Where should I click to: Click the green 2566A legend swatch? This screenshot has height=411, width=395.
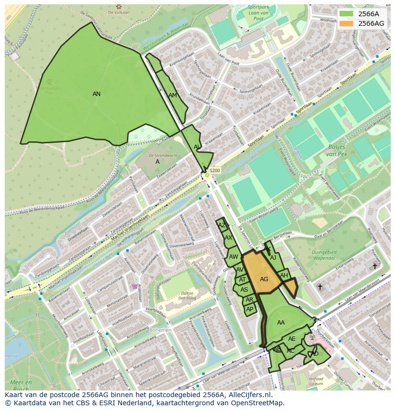[347, 13]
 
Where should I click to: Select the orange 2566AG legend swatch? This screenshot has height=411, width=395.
[347, 23]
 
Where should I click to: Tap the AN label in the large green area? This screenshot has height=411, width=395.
[96, 94]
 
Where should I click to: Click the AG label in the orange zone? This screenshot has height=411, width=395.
[264, 279]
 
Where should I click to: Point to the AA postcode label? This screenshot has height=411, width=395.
[281, 323]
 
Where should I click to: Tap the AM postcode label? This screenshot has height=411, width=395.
[173, 95]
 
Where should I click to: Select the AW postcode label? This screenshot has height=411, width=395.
[233, 257]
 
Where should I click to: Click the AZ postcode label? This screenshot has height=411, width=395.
[221, 225]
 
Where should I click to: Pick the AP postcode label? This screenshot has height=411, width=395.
[249, 309]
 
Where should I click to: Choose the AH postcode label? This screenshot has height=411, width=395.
[284, 275]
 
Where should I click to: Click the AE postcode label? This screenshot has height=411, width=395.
[292, 339]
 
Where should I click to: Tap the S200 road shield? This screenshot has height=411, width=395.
[215, 170]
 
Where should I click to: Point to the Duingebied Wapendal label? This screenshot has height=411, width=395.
[324, 255]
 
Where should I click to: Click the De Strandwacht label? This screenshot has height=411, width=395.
[163, 156]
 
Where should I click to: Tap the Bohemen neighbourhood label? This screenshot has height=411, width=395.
[161, 330]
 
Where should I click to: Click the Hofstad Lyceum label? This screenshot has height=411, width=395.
[316, 381]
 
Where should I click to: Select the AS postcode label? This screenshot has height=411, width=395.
[244, 290]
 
